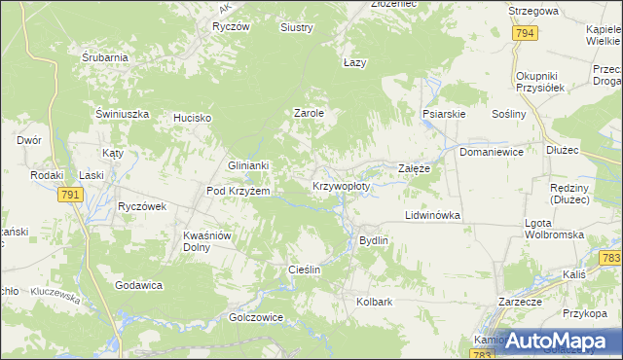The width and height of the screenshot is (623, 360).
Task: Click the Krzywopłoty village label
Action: point(342,186)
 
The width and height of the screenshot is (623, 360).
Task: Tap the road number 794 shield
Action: point(526,33)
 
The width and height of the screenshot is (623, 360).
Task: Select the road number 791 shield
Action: point(69,196)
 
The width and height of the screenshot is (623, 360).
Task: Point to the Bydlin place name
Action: point(374,240)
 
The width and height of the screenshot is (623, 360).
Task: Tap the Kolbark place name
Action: point(375,302)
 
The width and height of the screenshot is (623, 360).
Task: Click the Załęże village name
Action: point(415,168)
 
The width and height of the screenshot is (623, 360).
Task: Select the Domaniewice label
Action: point(492,153)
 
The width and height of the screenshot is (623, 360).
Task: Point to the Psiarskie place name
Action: point(444,114)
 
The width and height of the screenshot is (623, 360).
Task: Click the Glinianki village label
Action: point(247,166)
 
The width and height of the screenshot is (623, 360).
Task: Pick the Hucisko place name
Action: point(193,118)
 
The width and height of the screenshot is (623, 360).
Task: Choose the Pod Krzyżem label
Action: point(238,191)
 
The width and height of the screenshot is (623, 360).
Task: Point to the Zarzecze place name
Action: point(520,302)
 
